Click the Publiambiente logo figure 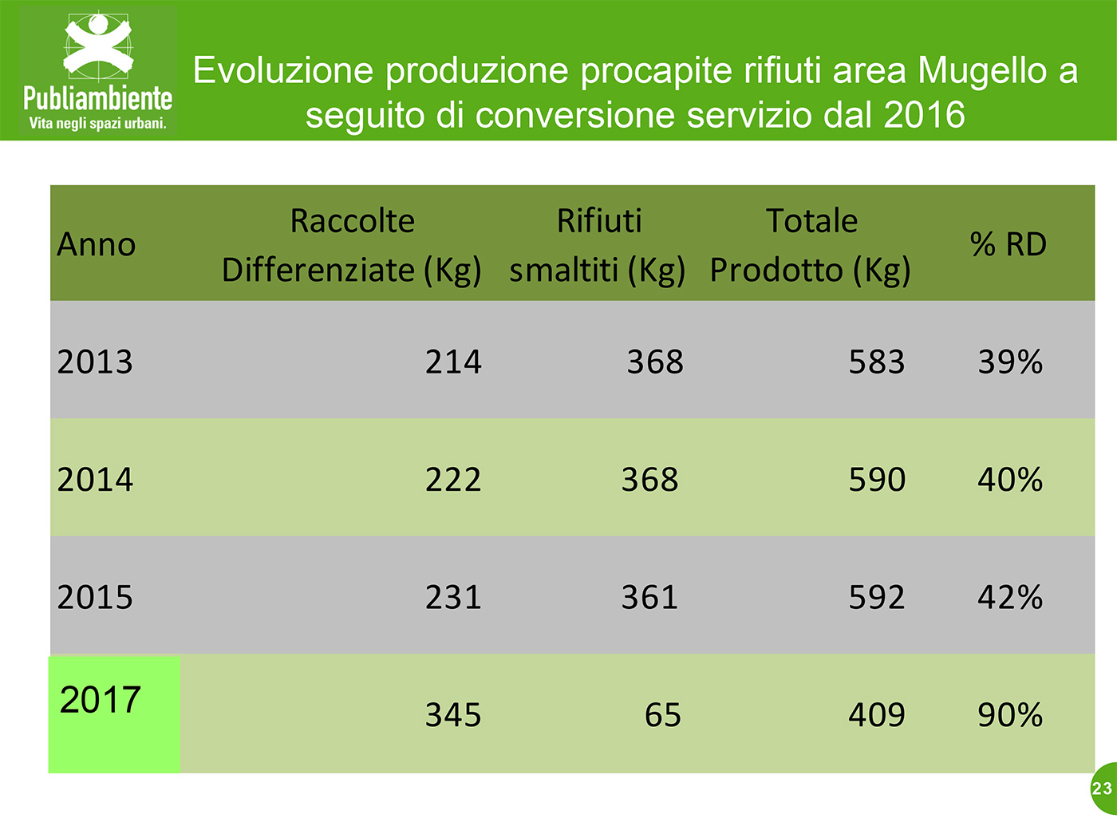tap(97, 46)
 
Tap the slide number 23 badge tap(1103, 789)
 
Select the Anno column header tap(97, 245)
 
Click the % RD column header tap(1008, 244)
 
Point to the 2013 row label tap(95, 362)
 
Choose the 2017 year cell tap(100, 700)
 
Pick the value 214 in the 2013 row tap(453, 362)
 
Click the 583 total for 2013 tap(877, 362)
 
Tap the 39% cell tap(1010, 362)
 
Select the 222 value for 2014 tap(453, 480)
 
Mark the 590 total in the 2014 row tap(877, 480)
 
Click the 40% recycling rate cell tap(1010, 480)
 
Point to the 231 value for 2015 tap(453, 597)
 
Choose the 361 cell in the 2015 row tap(649, 597)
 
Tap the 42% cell tap(1010, 597)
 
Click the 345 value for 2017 tap(453, 714)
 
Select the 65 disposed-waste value tap(662, 714)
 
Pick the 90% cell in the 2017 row tap(1010, 714)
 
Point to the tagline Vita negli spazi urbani tap(97, 123)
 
